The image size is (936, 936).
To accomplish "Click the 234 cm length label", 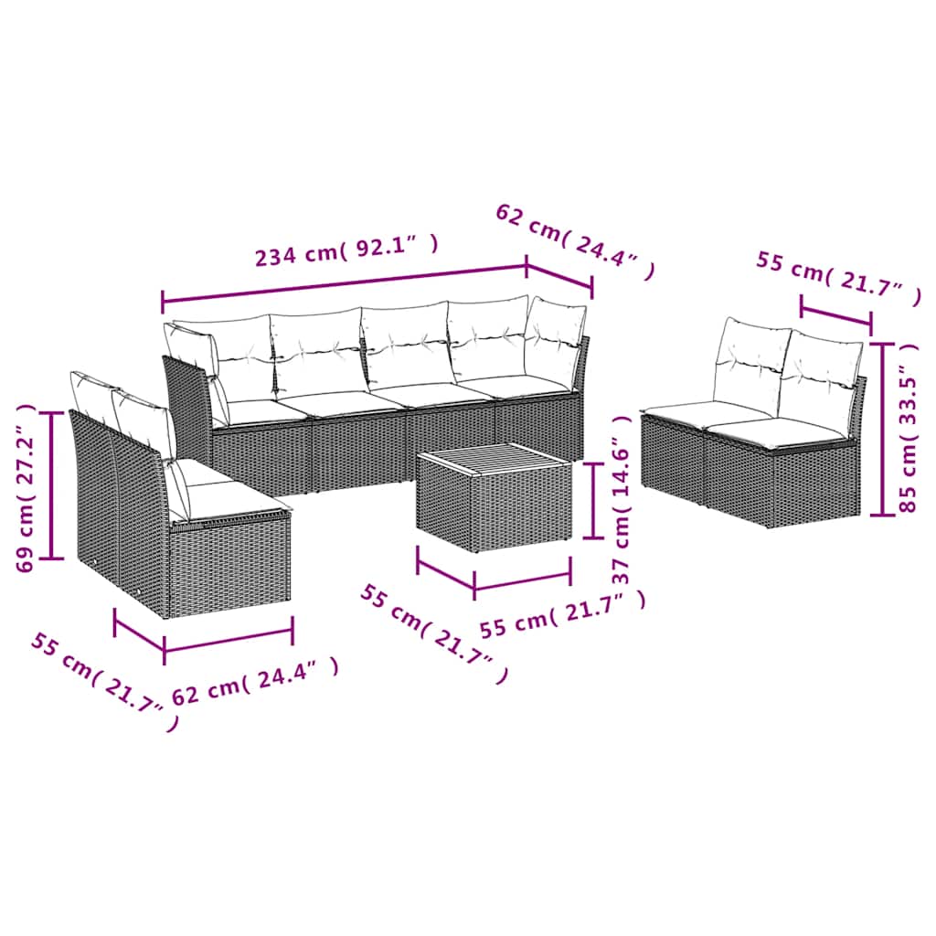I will tap(346, 250).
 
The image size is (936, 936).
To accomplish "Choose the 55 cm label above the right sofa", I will tap(837, 278).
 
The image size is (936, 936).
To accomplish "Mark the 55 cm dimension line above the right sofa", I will tap(835, 311).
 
